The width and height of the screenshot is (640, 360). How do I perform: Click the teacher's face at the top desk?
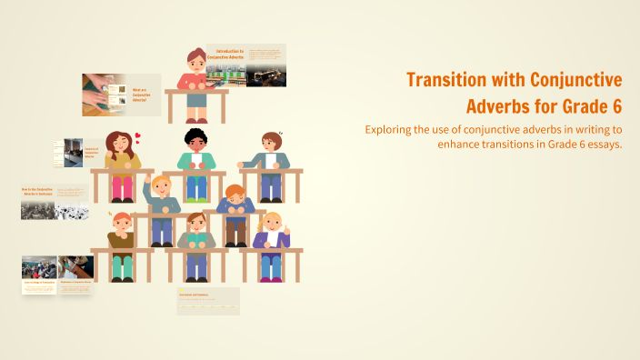coord(196,62)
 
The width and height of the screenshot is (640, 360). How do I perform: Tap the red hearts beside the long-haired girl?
coord(138,138)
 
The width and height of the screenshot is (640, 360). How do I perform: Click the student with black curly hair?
coord(196,145)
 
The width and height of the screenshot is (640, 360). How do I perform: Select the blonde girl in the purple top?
coord(271,232)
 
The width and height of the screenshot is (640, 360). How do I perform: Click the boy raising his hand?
coord(160,195)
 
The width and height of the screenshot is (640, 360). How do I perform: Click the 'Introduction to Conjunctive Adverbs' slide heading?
coord(224,55)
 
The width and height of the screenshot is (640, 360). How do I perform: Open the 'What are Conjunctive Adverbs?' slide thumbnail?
coord(122,95)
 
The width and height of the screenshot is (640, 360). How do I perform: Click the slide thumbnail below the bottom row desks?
coord(208,301)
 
